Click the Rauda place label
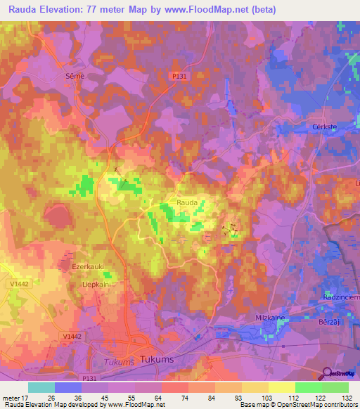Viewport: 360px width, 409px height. coord(187,202)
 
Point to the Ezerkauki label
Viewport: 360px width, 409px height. coord(89,267)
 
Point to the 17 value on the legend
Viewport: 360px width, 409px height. coord(28,398)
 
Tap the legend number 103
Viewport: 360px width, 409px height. coord(268,398)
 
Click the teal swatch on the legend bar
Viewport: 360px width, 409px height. coord(41,387)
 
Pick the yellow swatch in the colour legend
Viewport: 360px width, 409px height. coord(282,387)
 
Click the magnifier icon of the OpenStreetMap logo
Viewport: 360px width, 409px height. coord(326,373)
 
